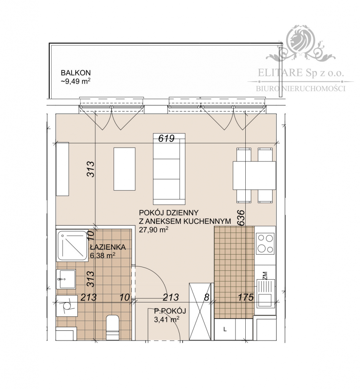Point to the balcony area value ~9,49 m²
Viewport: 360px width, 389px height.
75,81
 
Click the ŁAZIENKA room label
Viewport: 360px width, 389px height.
108,247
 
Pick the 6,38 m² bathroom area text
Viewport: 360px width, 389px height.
103,256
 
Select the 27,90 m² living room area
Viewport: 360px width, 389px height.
154,229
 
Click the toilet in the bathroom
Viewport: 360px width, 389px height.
112,327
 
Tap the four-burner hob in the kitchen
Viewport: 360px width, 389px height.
265,244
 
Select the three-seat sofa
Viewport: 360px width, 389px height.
169,169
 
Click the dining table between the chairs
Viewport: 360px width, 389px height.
254,175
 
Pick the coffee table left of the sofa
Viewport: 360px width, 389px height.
124,169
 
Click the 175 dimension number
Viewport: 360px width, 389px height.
246,297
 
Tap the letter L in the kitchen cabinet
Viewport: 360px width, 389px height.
225,329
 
